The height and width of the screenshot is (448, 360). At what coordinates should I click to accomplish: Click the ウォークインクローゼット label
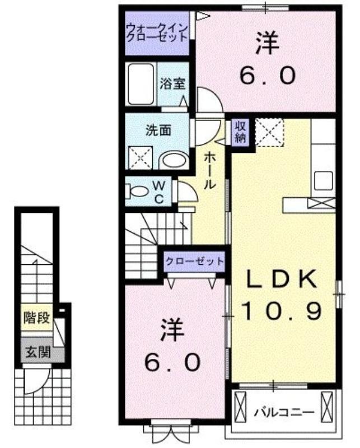click(157, 32)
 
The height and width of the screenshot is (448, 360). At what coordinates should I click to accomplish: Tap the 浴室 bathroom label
click(172, 83)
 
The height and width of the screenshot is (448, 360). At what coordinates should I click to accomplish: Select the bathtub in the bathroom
click(141, 84)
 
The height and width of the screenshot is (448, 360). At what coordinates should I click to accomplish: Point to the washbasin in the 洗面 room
click(174, 161)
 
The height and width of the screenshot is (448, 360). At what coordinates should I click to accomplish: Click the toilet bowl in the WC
click(137, 191)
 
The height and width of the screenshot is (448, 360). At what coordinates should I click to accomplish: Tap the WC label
click(159, 192)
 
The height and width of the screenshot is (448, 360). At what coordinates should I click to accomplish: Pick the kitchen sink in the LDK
click(324, 180)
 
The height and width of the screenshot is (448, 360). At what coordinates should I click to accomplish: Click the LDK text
click(282, 279)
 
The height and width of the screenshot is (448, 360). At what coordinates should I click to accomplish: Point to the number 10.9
click(282, 311)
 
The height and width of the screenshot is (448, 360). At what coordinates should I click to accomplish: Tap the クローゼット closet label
click(194, 261)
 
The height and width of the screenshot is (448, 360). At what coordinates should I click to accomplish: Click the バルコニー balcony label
click(284, 412)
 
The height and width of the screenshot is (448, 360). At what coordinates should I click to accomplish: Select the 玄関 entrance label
click(38, 352)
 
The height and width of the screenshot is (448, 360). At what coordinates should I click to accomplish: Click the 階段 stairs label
click(37, 318)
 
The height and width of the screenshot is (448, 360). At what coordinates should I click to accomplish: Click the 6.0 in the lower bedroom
click(172, 362)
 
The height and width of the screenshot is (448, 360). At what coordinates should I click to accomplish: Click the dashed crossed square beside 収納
click(270, 132)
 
